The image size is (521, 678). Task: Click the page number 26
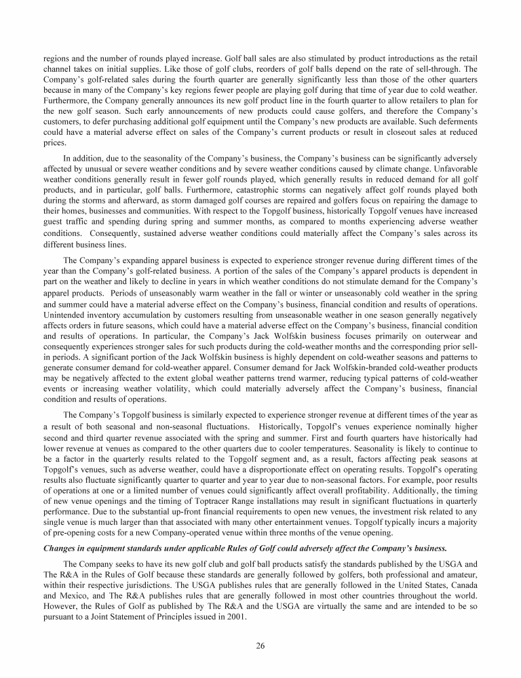[x=260, y=645]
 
